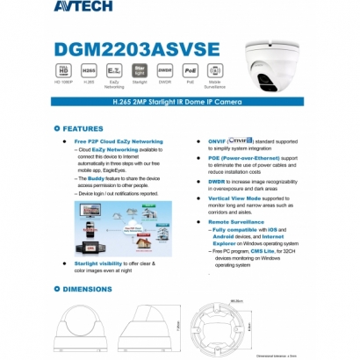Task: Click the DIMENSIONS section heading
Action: (x=88, y=288)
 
